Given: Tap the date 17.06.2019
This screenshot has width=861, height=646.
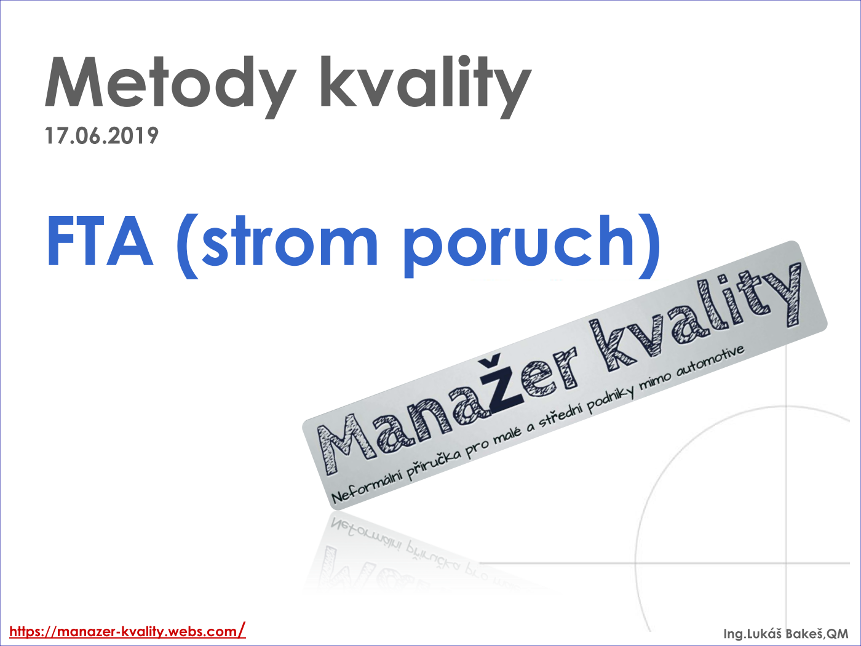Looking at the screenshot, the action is click(x=101, y=136).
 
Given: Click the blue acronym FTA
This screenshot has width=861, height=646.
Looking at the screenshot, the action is click(x=100, y=241).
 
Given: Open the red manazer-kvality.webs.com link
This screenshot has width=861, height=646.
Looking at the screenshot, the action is click(x=127, y=631).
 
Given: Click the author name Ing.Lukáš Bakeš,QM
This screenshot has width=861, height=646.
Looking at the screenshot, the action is click(x=786, y=634).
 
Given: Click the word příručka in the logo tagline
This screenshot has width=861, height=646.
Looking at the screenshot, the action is click(x=434, y=463).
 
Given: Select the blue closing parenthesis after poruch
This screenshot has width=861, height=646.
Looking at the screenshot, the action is click(x=649, y=246).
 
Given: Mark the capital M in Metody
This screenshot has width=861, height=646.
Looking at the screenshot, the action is click(x=73, y=82).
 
